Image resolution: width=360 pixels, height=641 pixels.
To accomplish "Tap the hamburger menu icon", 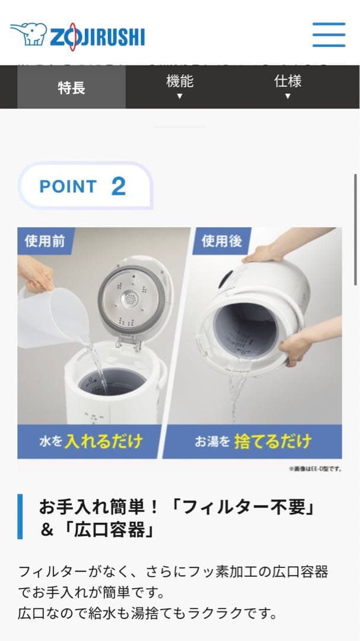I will coord(329,35).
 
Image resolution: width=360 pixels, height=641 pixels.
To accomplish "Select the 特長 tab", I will coord(71,88).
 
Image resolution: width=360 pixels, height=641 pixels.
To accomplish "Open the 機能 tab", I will coord(179,86).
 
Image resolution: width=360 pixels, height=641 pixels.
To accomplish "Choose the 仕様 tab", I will coord(288,86).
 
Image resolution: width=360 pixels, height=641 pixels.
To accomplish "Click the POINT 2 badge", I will coord(84,186).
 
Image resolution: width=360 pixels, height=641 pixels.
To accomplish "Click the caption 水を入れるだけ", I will coord(91,442).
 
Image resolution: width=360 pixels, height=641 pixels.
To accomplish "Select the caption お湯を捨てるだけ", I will coord(253,442).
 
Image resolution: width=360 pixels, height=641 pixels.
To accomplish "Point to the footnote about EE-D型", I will coord(314,469).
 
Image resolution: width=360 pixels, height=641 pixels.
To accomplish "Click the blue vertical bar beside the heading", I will coord(20,516).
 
